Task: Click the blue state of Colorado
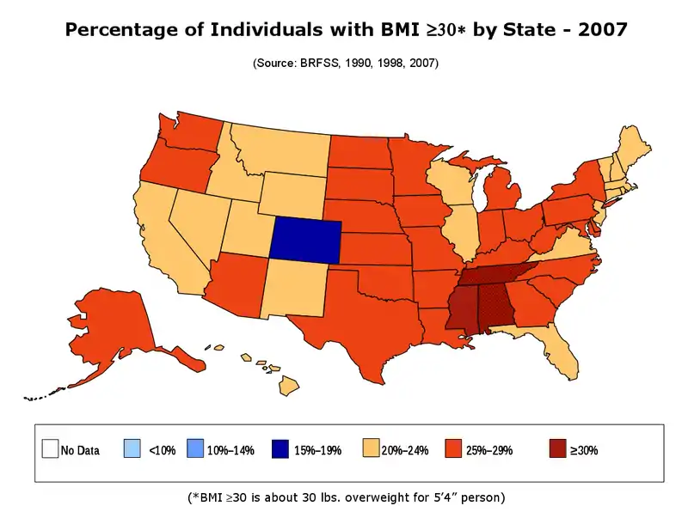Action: click(305, 238)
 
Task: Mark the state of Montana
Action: click(279, 150)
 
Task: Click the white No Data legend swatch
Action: click(50, 449)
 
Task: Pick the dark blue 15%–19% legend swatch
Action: click(279, 449)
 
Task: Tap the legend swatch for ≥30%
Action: click(556, 449)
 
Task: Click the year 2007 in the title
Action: click(601, 30)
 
